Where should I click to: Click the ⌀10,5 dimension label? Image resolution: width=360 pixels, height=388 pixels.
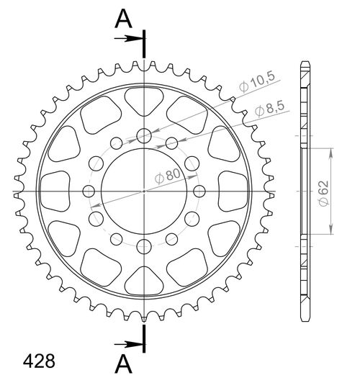pos(257,81)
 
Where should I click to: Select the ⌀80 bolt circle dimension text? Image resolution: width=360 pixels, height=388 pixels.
pos(168,176)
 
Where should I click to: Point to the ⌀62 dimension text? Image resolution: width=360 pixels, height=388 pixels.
pos(324,193)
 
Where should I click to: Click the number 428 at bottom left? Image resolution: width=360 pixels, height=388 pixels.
pos(39,361)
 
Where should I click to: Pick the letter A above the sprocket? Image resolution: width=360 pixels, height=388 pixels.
pos(123,19)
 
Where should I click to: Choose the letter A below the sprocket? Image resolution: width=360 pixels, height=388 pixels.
pos(123,364)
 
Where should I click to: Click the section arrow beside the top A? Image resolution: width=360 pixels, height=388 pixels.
pos(129,38)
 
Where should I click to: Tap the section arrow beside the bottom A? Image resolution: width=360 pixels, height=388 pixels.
pos(129,344)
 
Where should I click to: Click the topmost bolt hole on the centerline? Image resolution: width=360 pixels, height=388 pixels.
pos(144,135)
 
